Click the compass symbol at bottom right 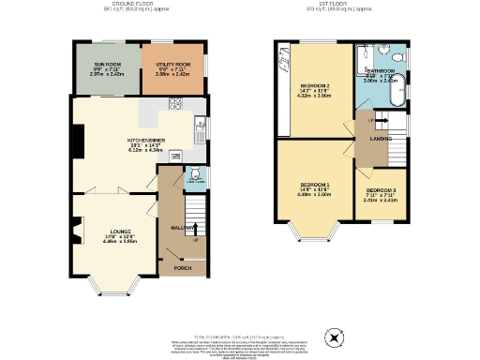point(330,337)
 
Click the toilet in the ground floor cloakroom point(192,173)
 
